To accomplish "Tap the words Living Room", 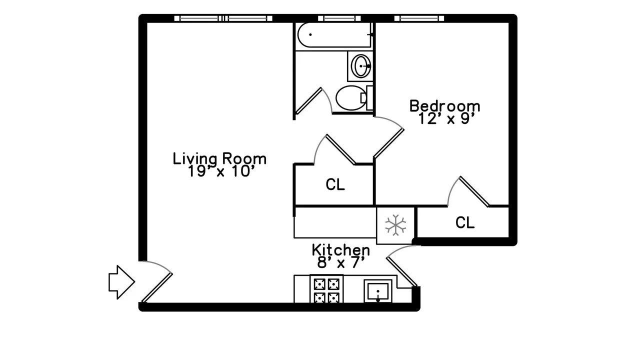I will tap(219, 158).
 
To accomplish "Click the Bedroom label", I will tap(444, 106).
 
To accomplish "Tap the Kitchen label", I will tap(341, 249).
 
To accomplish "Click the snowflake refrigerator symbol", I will tap(395, 225).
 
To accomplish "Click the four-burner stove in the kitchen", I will tap(326, 289).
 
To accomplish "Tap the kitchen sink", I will tap(379, 290).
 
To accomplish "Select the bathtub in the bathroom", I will tap(334, 35).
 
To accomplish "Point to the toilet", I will tap(352, 98).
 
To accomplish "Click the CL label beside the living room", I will tap(335, 185).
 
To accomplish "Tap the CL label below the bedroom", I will tap(464, 223).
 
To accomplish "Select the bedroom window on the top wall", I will tap(419, 18).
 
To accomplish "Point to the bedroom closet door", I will tap(473, 191).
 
